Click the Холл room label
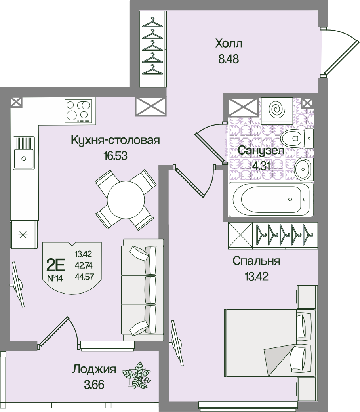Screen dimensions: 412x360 (228, 43)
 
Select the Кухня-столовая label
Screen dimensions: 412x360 (115, 140)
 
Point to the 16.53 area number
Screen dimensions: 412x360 (115, 156)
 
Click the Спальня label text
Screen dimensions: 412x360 (256, 261)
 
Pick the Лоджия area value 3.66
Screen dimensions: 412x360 (94, 385)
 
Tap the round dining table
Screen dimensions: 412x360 (125, 199)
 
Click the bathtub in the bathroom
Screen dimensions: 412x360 (271, 199)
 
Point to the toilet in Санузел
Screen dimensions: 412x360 (292, 137)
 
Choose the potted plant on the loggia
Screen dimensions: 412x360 (136, 374)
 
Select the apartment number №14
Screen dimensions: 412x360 (55, 278)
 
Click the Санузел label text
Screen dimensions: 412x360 (260, 151)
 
